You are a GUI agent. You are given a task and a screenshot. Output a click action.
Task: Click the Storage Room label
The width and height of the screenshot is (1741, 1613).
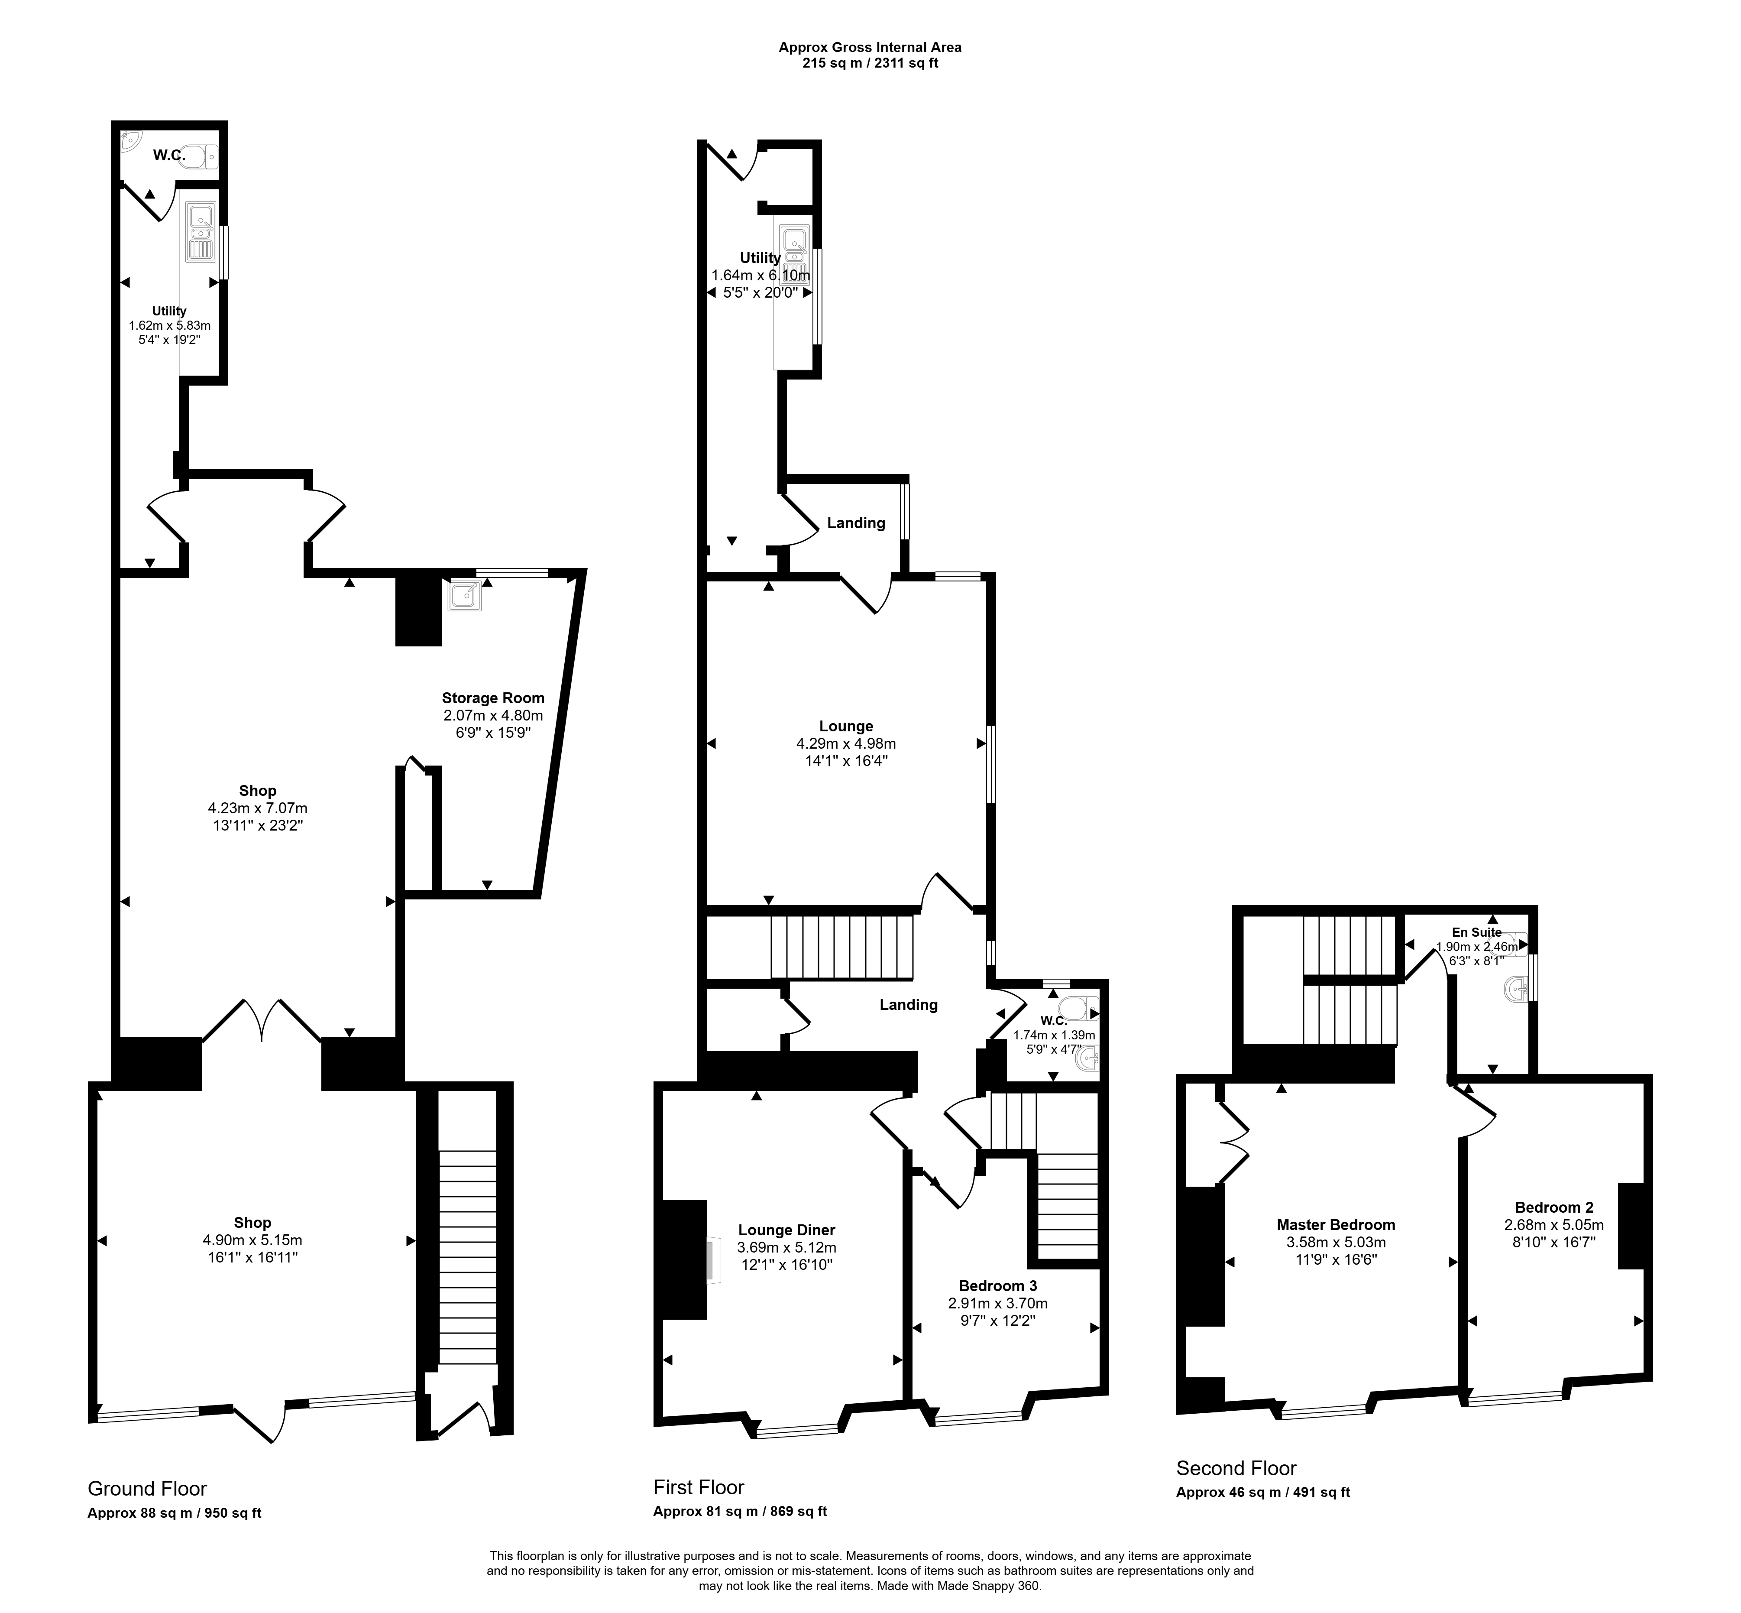(493, 698)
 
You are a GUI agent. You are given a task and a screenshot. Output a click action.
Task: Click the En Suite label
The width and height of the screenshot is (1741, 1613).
(1476, 932)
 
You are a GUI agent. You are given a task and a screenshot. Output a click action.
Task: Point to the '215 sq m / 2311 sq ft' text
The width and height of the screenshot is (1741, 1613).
(870, 63)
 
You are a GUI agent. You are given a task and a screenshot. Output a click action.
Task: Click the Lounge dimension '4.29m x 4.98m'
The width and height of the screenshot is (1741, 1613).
(846, 743)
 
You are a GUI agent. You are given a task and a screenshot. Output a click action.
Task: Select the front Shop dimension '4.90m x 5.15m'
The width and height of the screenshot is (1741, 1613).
(252, 1240)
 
